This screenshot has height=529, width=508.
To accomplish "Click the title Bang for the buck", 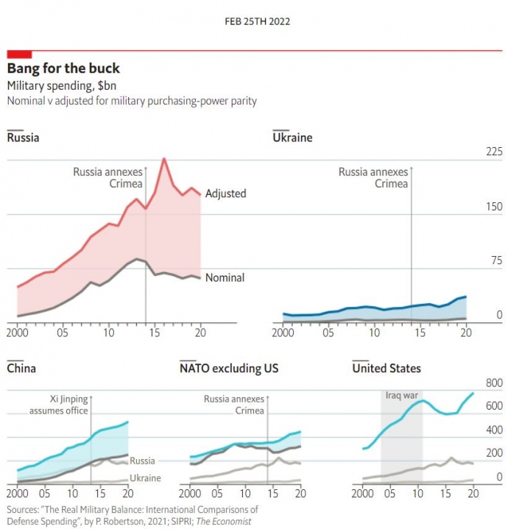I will (x=63, y=68).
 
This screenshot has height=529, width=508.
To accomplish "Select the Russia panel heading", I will (x=23, y=138).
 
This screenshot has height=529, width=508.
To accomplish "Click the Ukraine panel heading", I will (x=292, y=138).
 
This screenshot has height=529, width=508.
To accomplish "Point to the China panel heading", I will (x=21, y=368).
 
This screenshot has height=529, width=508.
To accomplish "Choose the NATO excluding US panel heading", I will (x=229, y=368).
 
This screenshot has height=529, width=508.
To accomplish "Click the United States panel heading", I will (x=387, y=368).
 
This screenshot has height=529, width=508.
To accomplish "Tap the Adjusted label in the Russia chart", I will (x=225, y=194).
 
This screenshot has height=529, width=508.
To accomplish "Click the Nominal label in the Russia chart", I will (x=225, y=277).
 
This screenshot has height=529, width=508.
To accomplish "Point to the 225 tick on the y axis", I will (x=473, y=152).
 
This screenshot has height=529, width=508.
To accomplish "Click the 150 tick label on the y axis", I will (x=473, y=207).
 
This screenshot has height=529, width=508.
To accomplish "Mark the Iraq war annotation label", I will (x=401, y=396).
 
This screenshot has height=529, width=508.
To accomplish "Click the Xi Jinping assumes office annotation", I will (x=59, y=405).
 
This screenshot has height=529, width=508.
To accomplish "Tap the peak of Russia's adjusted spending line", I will (x=164, y=159).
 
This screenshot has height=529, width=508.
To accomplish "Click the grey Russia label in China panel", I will (x=142, y=461).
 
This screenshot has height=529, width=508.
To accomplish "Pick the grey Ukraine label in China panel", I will (x=145, y=479).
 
